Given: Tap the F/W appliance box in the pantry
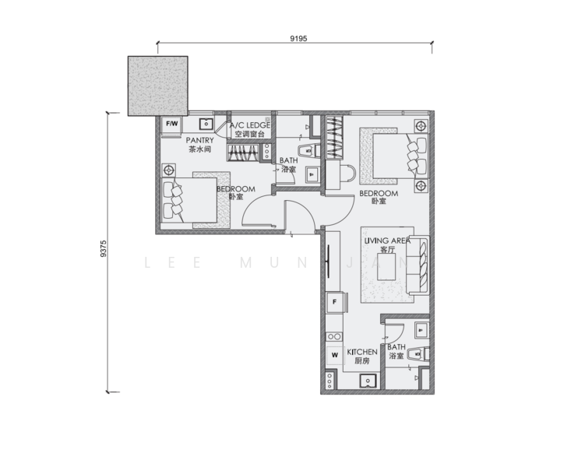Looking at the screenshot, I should [171, 123].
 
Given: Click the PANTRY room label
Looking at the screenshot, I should [199, 141].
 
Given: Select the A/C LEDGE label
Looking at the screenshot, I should [249, 125].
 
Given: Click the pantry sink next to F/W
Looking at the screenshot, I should [206, 123].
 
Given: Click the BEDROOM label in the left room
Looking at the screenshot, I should [235, 189].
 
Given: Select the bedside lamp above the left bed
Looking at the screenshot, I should [167, 170].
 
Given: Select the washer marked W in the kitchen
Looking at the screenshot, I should [334, 355].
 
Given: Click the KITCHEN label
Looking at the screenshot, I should [362, 353].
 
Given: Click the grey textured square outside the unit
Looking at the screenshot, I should [158, 85].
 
